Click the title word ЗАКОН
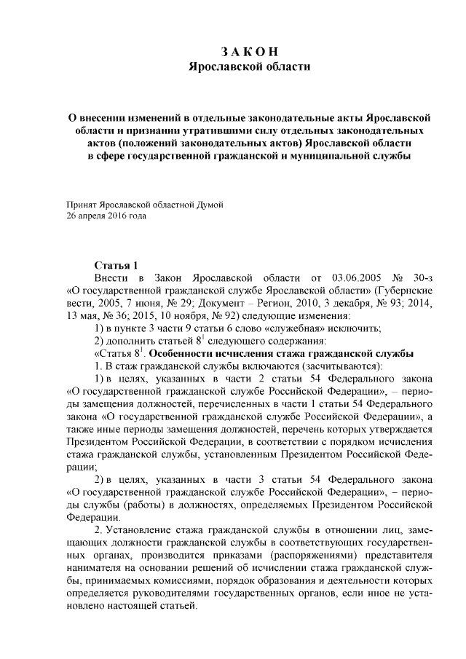pyautogui.click(x=250, y=52)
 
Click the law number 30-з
pyautogui.click(x=424, y=278)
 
